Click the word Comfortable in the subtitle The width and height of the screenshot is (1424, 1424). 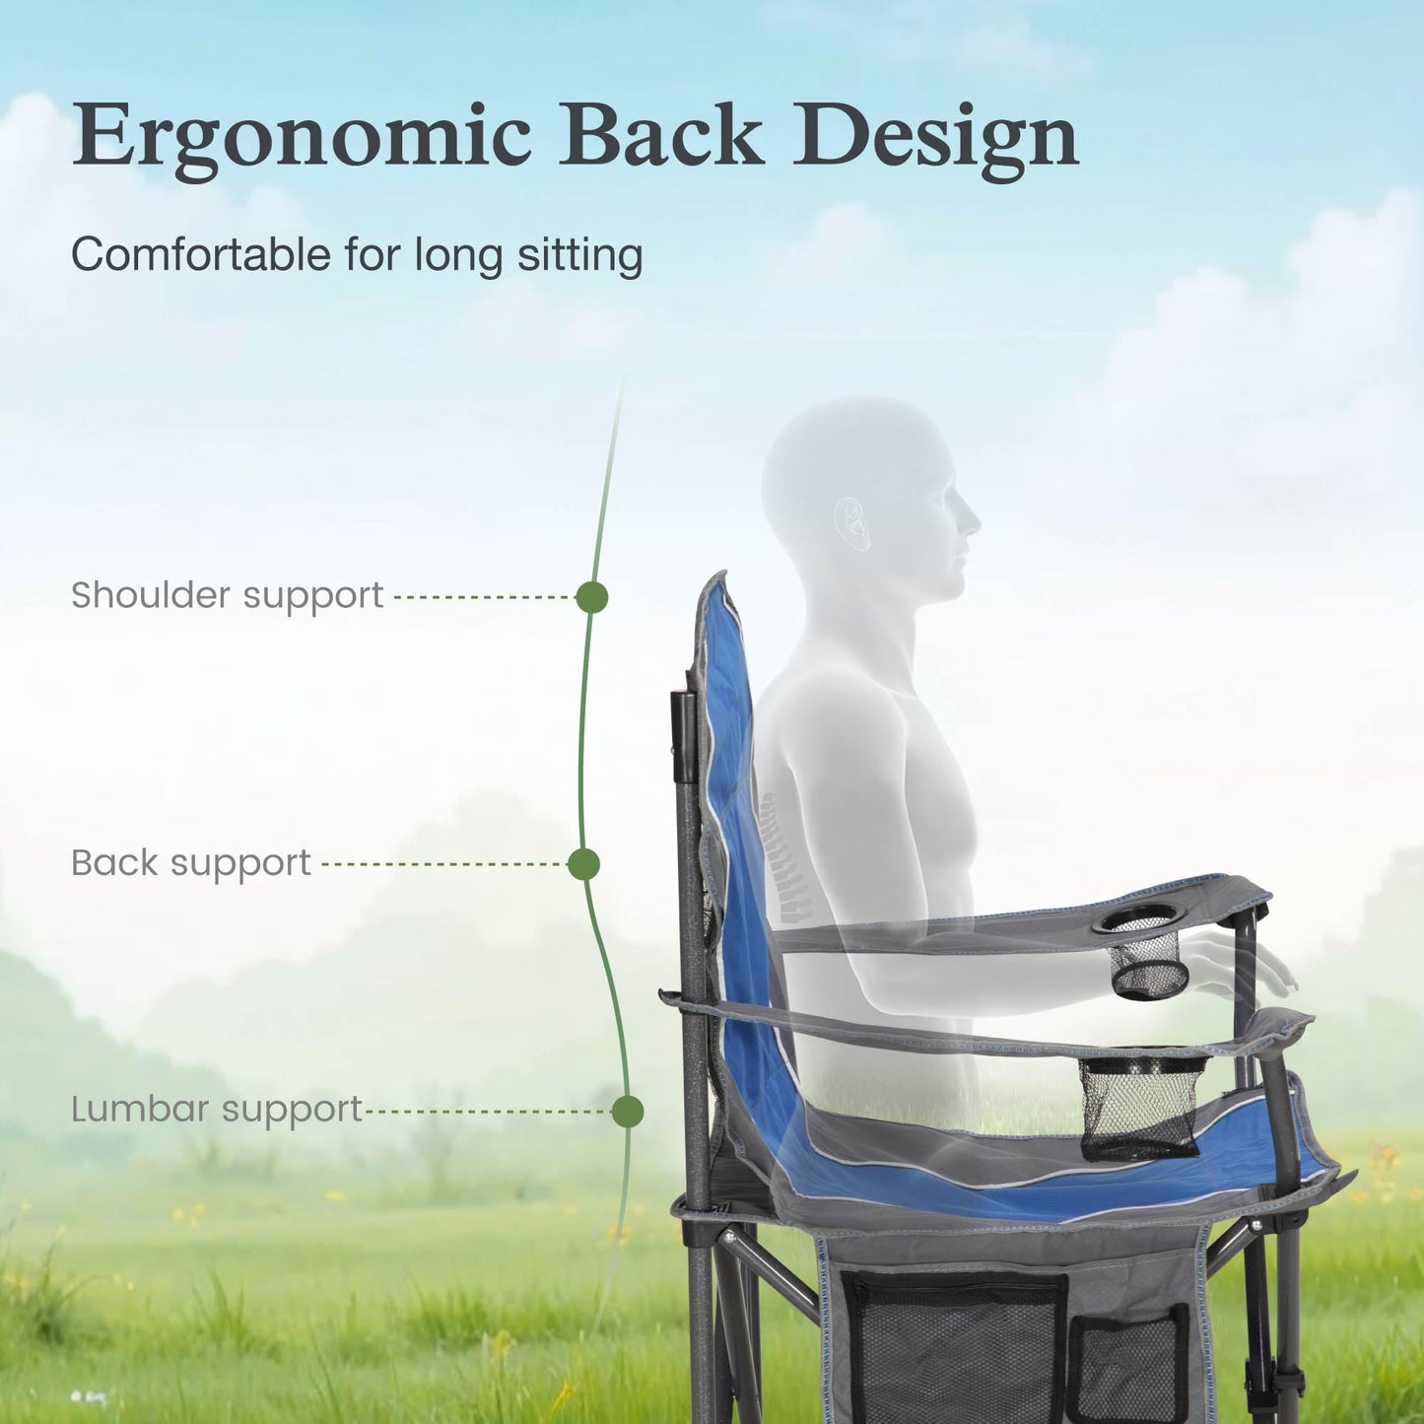200,254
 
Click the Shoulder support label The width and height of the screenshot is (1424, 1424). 227,596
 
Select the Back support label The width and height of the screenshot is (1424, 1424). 190,863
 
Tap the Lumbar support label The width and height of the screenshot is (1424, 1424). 217,1111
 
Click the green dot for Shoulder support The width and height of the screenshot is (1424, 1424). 591,597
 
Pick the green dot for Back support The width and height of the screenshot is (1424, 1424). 583,864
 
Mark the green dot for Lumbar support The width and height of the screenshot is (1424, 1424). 627,1112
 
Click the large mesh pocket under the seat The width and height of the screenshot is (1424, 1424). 954,1345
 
